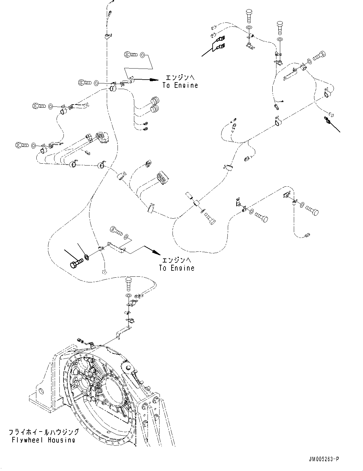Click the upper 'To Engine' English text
point(180,85)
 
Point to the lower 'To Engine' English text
point(177,268)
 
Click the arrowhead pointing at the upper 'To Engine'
point(155,80)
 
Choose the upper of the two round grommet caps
point(155,100)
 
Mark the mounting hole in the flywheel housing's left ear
point(40,390)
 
